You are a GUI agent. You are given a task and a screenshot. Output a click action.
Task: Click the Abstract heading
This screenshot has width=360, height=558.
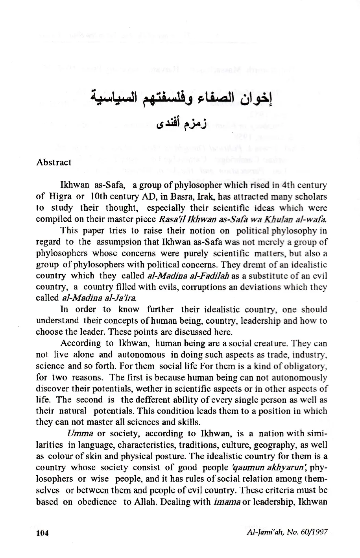(54, 162)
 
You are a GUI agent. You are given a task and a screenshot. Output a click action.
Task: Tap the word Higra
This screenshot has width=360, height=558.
(59, 196)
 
